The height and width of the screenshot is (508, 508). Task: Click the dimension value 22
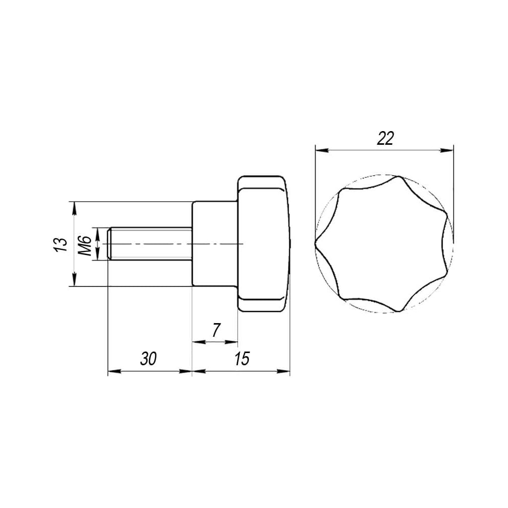385,139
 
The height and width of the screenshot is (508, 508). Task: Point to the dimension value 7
216,330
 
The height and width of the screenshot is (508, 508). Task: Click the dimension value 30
148,359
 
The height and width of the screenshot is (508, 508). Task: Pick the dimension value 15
242,359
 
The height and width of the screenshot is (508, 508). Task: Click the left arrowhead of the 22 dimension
322,150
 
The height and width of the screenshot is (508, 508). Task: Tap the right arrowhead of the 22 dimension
446,150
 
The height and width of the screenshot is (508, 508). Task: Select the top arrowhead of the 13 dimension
74,208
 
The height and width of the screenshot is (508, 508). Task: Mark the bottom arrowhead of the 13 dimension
74,279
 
